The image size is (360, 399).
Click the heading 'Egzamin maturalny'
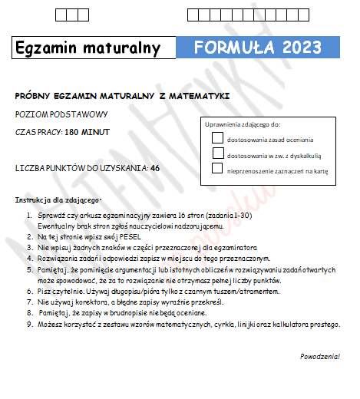point(88,48)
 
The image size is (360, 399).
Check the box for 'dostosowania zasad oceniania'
point(217,138)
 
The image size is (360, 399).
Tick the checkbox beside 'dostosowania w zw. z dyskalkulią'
point(217,154)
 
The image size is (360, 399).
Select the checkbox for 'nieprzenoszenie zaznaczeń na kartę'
point(217,170)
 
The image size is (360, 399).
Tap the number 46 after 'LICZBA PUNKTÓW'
point(155,167)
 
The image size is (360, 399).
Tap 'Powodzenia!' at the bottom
point(321,357)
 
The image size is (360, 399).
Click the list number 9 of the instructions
point(28,325)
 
